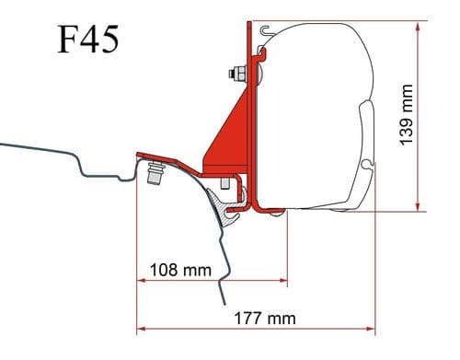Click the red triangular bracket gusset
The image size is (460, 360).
[x=224, y=138]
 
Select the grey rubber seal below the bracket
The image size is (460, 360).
[x=221, y=198]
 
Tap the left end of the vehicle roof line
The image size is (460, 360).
[x=2, y=144]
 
